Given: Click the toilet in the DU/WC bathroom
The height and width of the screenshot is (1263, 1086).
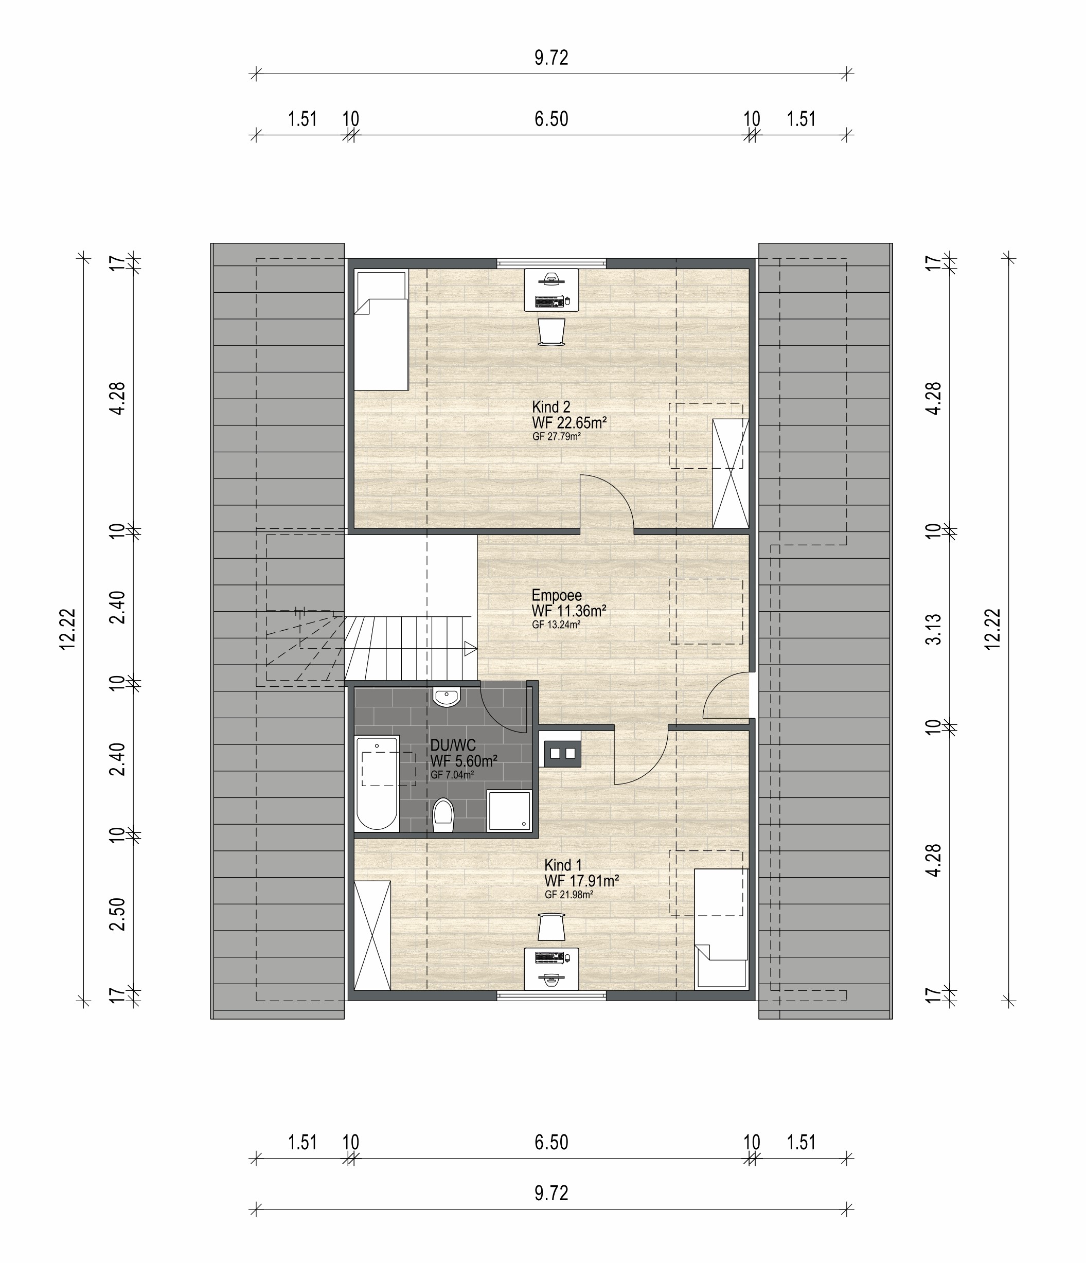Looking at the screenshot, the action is (x=443, y=815).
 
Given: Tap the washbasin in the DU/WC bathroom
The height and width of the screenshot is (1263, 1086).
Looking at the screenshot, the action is (x=447, y=697).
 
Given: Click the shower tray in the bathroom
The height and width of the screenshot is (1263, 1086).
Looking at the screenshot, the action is (x=509, y=811).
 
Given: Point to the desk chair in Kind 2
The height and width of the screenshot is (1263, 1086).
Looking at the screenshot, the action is (x=552, y=332).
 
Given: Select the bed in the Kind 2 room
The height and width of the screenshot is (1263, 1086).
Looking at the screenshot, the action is (x=382, y=330).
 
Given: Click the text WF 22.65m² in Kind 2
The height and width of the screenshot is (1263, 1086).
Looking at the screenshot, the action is (x=569, y=422).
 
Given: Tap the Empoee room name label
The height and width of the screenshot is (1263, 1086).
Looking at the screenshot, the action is (x=557, y=595).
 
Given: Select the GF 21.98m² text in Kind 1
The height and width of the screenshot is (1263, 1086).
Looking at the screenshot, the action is (x=569, y=895).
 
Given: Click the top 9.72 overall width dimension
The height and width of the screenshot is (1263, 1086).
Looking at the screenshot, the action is (x=551, y=58).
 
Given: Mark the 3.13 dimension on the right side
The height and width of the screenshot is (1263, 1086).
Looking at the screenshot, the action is (x=933, y=629).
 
